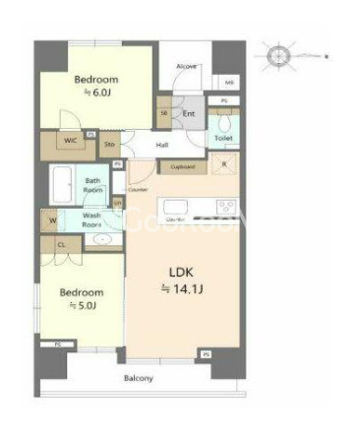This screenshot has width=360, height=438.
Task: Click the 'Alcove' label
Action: pos(187,66)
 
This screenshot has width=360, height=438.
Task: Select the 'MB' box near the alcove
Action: pos(229,83)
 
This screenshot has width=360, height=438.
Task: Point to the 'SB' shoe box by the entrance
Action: pos(164,113)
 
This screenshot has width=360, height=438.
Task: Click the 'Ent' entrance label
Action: pos(189,114)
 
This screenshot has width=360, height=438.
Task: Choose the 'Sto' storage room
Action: pos(110,144)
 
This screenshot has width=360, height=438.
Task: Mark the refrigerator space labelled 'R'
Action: pos(225,164)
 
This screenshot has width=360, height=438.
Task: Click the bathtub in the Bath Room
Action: pos(63,183)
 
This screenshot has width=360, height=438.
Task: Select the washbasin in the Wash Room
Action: pos(103,238)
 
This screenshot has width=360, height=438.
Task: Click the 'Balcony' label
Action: pos(138,378)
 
